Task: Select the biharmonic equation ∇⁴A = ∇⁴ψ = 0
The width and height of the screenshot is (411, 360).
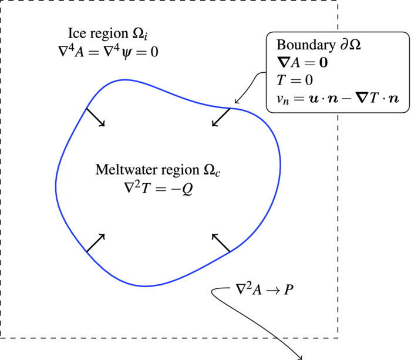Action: [105, 52]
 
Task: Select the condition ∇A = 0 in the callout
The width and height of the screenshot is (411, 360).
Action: [302, 62]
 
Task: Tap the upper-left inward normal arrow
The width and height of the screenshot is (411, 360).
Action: [96, 117]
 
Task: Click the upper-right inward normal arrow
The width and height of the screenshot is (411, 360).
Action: [220, 117]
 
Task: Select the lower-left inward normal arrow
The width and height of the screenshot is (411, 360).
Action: [96, 243]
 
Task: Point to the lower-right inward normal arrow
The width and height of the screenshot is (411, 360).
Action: [220, 243]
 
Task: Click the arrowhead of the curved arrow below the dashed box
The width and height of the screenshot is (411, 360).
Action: [302, 356]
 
